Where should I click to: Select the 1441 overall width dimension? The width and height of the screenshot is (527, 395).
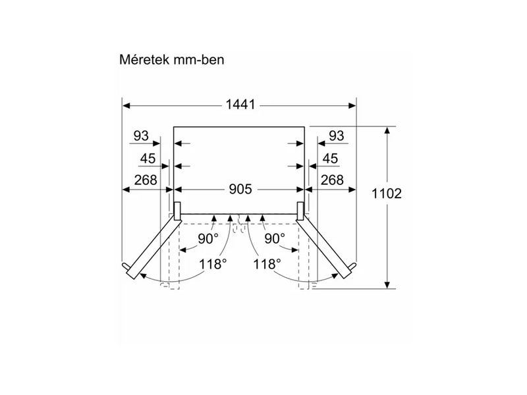coord(240,105)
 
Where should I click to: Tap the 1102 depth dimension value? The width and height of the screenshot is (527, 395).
coord(387,194)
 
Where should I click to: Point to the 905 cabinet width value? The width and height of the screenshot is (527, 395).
coord(240,190)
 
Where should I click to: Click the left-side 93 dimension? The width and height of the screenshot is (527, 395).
coord(141,136)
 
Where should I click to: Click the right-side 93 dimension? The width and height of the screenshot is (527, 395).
coord(337,136)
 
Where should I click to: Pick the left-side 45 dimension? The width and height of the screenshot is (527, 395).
coord(148,159)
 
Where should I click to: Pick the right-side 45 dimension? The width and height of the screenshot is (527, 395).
coord(330,159)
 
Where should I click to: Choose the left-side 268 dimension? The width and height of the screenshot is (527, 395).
coord(146,180)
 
